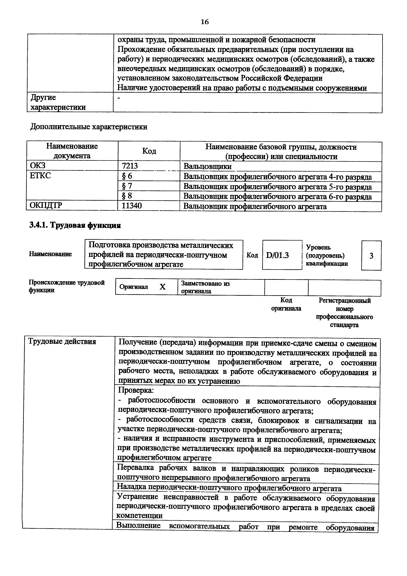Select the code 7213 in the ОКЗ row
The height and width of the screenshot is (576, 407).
(130, 166)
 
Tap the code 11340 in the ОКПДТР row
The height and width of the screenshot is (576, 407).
(132, 206)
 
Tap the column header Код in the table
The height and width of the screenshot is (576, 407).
(149, 151)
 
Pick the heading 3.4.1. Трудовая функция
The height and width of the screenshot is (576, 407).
(75, 225)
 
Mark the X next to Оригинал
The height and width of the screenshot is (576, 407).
(163, 287)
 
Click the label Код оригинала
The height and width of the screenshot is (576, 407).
(286, 304)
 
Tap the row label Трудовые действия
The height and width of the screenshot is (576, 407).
(62, 341)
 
